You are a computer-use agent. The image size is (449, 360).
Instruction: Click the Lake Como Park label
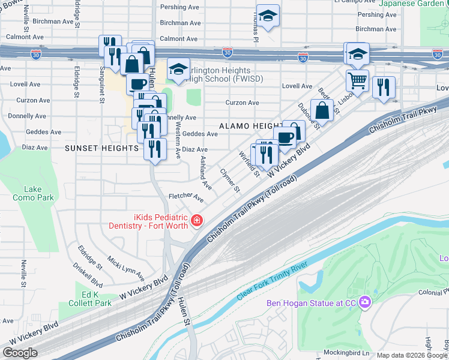coord(34,193)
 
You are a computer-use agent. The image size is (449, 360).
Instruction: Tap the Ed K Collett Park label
coord(96,299)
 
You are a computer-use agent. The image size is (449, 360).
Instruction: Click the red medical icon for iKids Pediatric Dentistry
coord(196,221)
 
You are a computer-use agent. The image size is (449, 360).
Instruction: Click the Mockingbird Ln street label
coord(346,352)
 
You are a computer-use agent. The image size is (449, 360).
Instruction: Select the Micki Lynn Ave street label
coord(127,268)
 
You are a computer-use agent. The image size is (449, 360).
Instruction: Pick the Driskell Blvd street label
coord(88,274)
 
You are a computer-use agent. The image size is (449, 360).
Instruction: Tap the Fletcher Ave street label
coord(186,196)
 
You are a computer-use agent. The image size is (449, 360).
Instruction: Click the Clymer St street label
coord(230,180)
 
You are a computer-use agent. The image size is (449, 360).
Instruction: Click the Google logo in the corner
coord(20,353)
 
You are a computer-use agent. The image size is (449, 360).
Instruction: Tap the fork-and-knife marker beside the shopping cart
coord(383,87)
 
